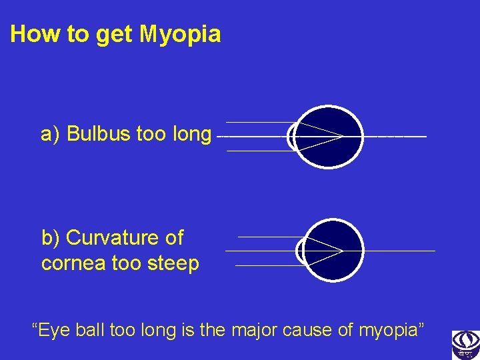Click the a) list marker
click(x=51, y=135)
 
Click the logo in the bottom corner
click(x=465, y=344)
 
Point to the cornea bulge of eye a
click(x=291, y=137)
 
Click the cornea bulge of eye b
click(x=301, y=251)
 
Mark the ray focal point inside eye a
click(x=343, y=137)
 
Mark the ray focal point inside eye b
click(x=342, y=251)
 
